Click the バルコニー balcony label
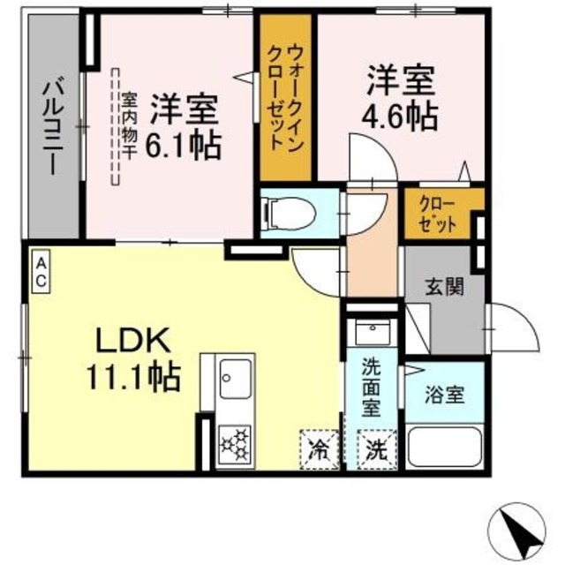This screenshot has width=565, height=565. (52, 128)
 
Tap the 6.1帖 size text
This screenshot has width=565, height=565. (184, 146)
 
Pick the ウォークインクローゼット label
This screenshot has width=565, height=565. (285, 97)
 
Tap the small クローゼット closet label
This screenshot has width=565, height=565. (438, 215)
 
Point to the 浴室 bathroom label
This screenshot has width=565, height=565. (443, 391)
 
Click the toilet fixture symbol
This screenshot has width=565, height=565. (281, 213)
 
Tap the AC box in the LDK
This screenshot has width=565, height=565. (41, 271)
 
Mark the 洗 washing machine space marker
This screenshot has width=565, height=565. (374, 448)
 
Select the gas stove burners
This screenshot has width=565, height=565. (234, 440)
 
